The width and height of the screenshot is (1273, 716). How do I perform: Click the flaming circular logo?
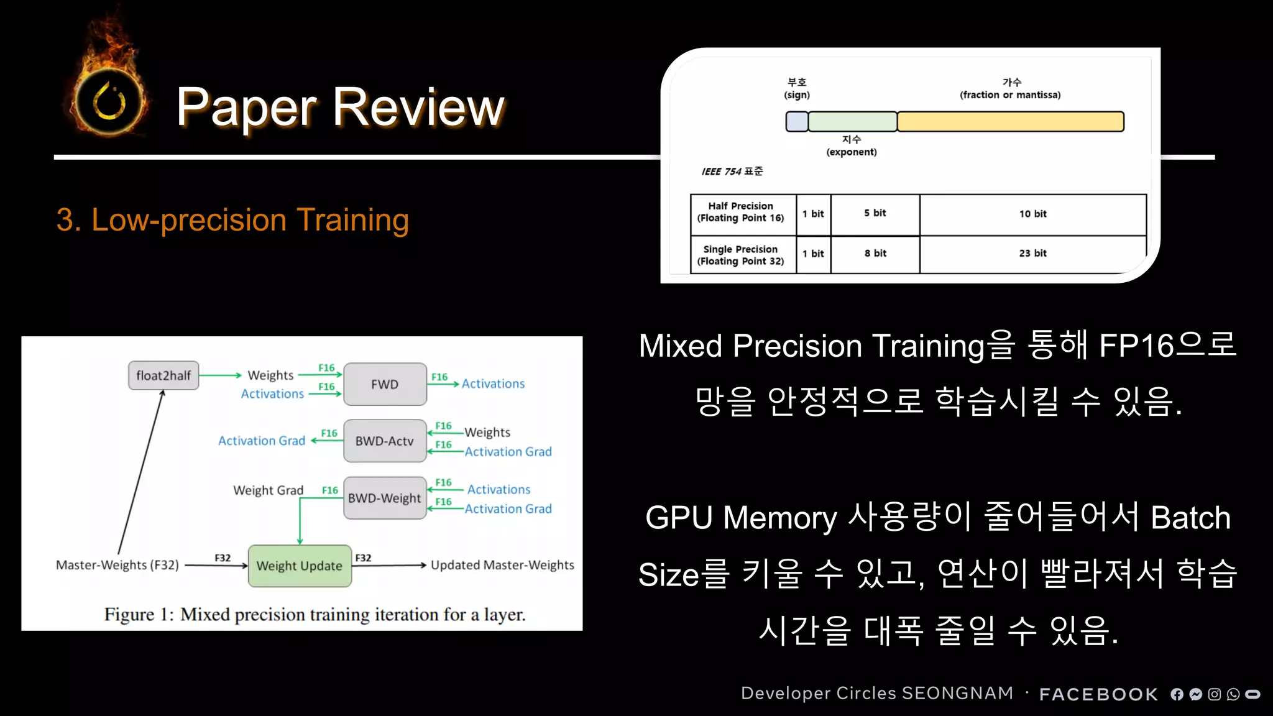click(x=109, y=101)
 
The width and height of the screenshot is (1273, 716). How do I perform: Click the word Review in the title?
click(x=418, y=107)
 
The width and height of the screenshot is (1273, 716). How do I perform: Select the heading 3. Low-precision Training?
click(x=232, y=220)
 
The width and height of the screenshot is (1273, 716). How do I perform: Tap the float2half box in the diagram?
click(x=163, y=375)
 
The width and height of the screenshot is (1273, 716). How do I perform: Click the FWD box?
click(x=385, y=384)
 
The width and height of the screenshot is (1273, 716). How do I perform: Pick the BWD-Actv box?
click(x=384, y=441)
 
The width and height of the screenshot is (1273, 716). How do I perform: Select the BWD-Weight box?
click(x=384, y=498)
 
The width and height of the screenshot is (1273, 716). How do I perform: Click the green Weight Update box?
click(x=300, y=566)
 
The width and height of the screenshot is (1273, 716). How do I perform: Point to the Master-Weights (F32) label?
click(x=117, y=565)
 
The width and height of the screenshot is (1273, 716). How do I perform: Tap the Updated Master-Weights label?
click(x=502, y=565)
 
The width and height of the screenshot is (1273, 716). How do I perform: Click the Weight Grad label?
click(x=268, y=490)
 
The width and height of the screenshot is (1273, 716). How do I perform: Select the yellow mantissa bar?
click(x=1010, y=121)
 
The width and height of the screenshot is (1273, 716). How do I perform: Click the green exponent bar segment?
click(x=852, y=121)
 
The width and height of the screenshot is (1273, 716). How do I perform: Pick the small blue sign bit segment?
click(x=796, y=121)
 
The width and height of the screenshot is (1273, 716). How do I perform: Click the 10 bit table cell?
click(x=1032, y=214)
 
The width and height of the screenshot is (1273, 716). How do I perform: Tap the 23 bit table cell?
click(x=1032, y=254)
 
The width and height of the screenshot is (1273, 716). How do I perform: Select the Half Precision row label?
click(x=741, y=212)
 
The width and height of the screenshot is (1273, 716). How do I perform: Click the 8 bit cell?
click(x=875, y=254)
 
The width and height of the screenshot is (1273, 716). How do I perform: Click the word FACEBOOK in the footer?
click(x=1098, y=694)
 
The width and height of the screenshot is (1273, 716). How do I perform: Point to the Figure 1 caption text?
click(x=315, y=615)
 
